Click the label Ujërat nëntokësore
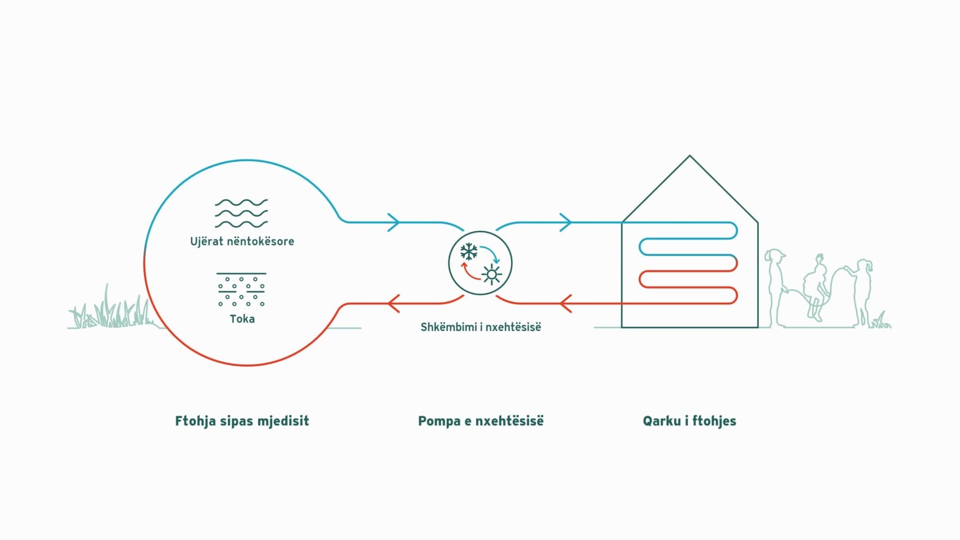[x=242, y=241]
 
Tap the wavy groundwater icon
[x=241, y=213]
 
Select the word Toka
[x=242, y=319]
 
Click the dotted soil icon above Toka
[x=241, y=290]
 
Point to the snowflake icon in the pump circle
[x=469, y=252]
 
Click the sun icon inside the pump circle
[x=491, y=274]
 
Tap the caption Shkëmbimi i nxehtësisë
[x=481, y=327]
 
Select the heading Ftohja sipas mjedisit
[x=242, y=421]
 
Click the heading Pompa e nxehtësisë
[x=481, y=421]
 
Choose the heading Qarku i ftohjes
[x=689, y=421]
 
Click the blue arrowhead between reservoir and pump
[x=394, y=222]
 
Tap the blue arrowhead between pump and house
[x=566, y=222]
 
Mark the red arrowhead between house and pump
[x=566, y=303]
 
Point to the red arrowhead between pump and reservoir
[x=393, y=303]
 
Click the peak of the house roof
[x=689, y=157]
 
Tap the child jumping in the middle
[x=817, y=286]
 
